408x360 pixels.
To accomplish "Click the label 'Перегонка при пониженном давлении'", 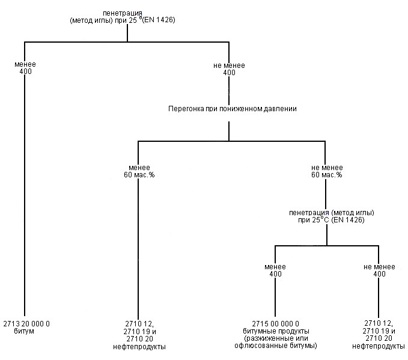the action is (233, 109).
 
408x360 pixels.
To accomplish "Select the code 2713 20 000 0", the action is (26, 324).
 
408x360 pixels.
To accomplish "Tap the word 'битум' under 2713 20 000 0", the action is (24, 331).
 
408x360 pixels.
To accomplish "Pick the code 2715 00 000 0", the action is (275, 324).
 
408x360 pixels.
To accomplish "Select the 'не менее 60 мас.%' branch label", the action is (327, 171).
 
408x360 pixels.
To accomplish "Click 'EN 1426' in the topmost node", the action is (159, 20).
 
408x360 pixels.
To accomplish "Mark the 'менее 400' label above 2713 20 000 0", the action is (25, 68).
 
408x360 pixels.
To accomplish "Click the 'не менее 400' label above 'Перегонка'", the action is (229, 69).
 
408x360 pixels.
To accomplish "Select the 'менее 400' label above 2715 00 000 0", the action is (275, 270).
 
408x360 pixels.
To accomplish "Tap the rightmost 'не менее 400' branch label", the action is (379, 270).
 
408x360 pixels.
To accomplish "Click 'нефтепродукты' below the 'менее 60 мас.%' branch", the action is (139, 347).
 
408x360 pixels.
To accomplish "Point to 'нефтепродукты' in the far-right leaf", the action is (379, 346).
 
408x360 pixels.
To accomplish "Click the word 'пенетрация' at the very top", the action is (123, 13).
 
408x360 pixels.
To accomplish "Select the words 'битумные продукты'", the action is (276, 331).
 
